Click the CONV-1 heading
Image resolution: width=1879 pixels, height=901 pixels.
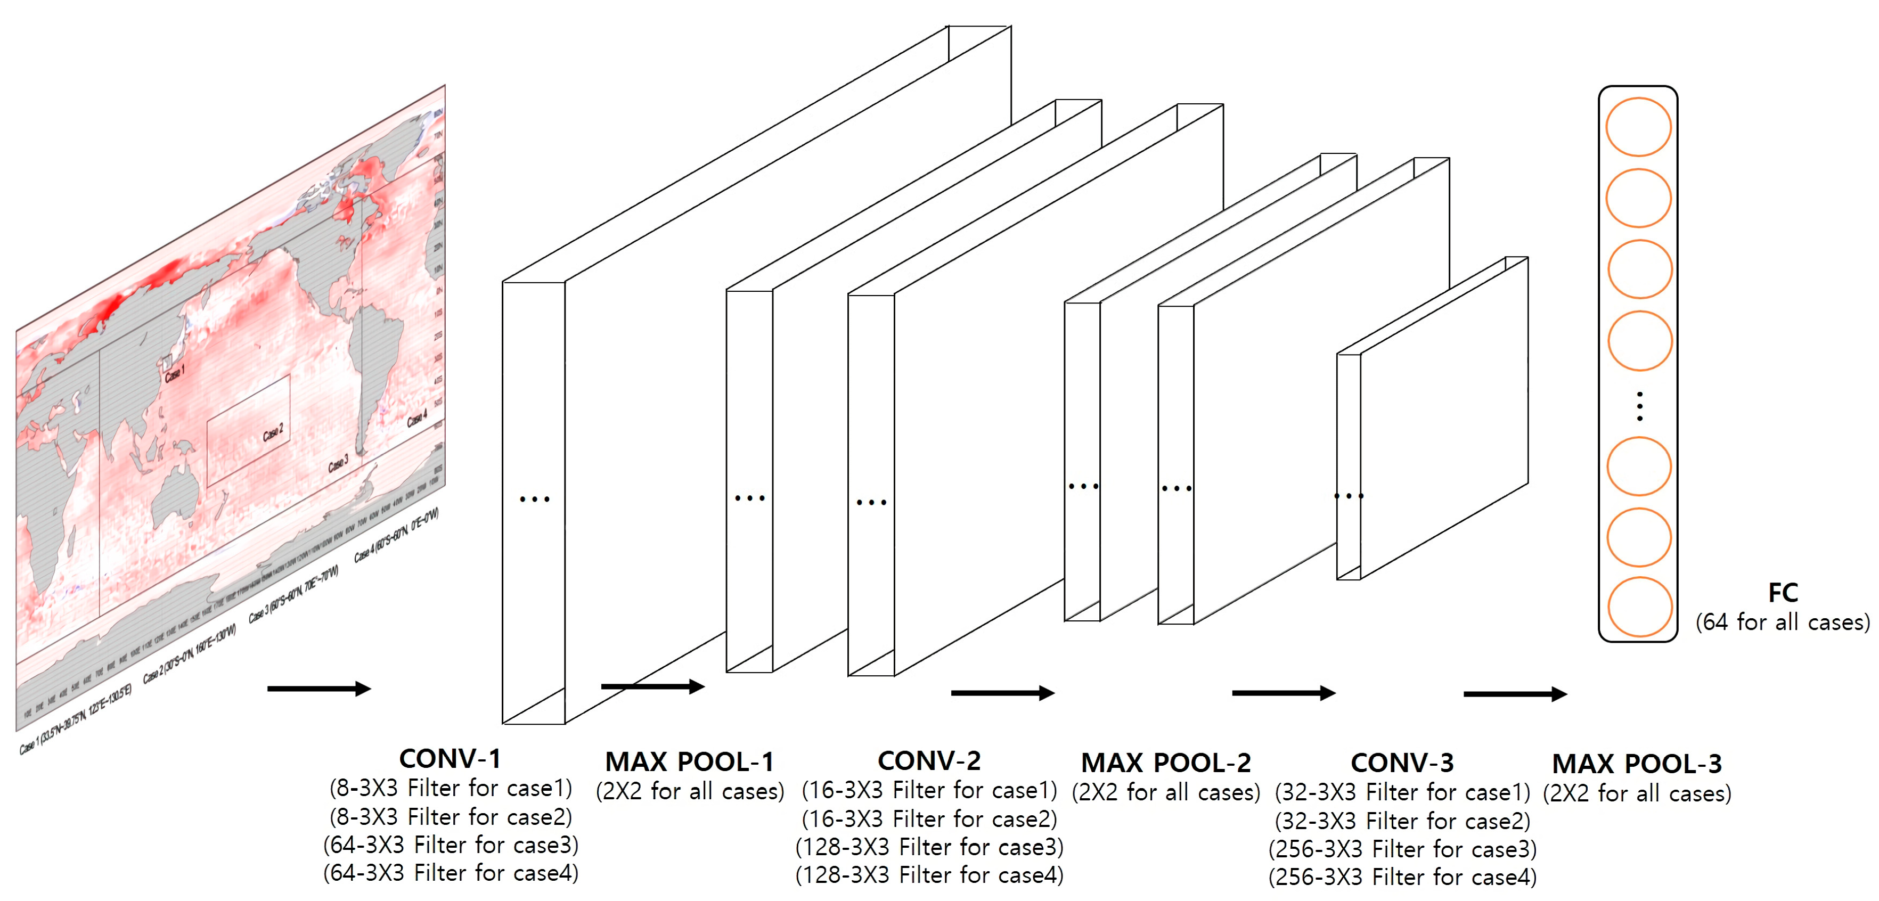click(x=450, y=759)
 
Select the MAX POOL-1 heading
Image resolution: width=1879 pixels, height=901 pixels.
click(x=689, y=761)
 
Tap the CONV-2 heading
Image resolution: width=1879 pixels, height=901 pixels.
click(x=929, y=761)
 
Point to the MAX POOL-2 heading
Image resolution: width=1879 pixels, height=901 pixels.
click(x=1166, y=763)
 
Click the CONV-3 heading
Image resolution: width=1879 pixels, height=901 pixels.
click(x=1402, y=763)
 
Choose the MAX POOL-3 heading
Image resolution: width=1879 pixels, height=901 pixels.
click(x=1637, y=764)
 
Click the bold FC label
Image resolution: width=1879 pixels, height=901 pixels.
click(x=1783, y=592)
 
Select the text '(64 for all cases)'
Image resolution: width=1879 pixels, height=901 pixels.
click(x=1783, y=622)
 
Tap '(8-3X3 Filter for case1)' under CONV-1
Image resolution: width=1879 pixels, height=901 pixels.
click(x=451, y=788)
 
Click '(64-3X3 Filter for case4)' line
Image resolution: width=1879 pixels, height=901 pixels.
click(x=451, y=873)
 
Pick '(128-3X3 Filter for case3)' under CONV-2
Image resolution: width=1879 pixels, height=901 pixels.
click(x=929, y=847)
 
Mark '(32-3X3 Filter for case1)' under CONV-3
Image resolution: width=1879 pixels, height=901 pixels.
click(x=1402, y=792)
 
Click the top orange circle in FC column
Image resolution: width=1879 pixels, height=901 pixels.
click(x=1638, y=127)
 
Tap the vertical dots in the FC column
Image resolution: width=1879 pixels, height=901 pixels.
click(x=1640, y=406)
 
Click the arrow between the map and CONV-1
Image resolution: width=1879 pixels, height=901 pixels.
click(x=318, y=689)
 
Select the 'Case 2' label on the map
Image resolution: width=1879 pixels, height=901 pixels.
click(x=273, y=432)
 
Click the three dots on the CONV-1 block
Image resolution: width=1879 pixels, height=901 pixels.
click(x=534, y=499)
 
